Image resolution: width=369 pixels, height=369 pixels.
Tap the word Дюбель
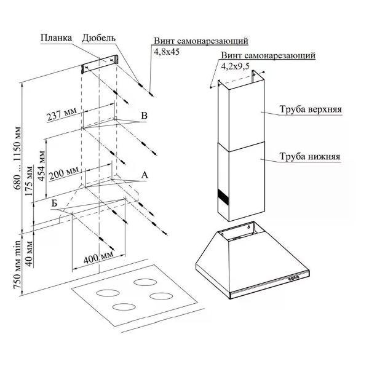[98, 38]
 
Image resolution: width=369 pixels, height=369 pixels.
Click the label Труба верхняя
[311, 110]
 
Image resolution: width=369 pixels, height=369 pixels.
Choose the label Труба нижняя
[310, 156]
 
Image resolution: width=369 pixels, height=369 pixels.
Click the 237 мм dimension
[61, 114]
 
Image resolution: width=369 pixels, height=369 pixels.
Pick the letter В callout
[143, 116]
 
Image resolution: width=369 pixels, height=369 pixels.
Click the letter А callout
[145, 175]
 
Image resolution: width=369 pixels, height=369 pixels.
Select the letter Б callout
[55, 202]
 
